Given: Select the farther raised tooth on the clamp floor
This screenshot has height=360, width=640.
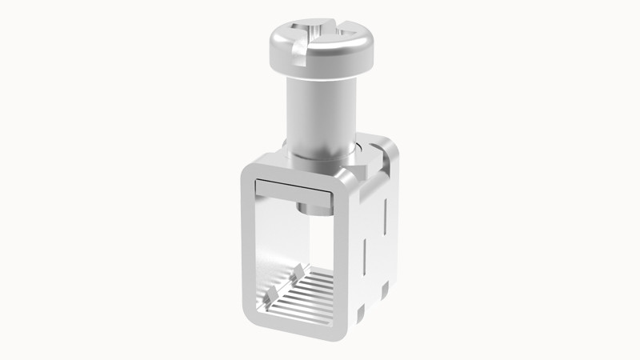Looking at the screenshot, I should [x=298, y=270].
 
